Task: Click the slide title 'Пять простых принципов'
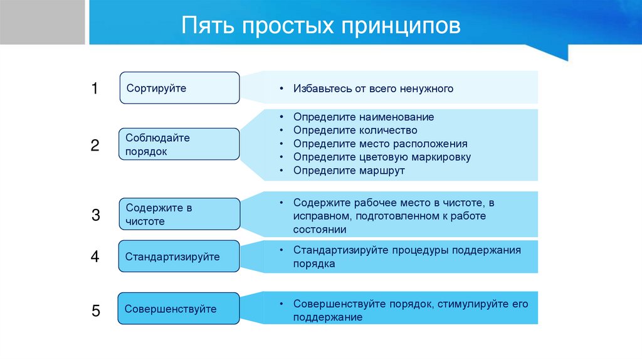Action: coord(321,26)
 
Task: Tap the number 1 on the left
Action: coord(95,88)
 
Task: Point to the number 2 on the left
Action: coord(95,146)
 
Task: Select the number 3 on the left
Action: coord(95,215)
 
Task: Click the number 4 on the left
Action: coord(95,256)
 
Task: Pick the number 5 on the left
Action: coord(95,310)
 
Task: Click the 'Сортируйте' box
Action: coord(179,88)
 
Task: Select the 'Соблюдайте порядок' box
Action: coord(179,144)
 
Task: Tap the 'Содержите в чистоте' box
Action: coord(179,214)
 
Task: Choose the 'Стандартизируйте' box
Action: coord(179,257)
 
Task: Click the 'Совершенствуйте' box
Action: coord(179,309)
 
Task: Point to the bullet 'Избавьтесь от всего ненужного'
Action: coord(373,89)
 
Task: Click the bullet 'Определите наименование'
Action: coord(363,117)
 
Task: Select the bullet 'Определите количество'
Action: coord(355,130)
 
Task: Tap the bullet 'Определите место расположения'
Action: coord(380,144)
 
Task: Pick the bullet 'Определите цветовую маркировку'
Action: coord(382,157)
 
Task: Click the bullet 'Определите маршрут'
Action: coord(349,170)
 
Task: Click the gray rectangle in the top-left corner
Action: coord(42,22)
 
